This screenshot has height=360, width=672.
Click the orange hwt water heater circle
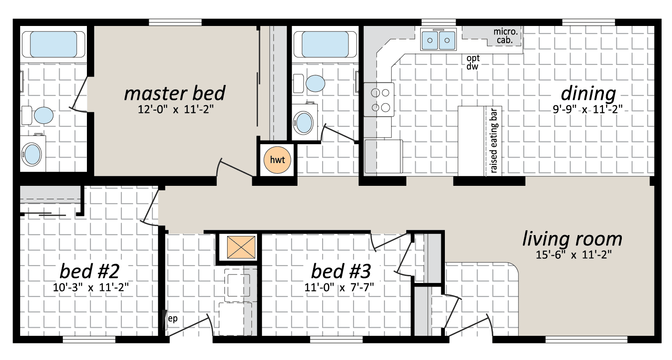(x=277, y=160)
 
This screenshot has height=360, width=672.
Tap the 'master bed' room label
(x=175, y=93)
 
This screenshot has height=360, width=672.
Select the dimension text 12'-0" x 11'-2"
(x=176, y=109)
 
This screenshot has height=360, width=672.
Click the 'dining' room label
(x=588, y=94)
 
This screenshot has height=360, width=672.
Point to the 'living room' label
(x=573, y=239)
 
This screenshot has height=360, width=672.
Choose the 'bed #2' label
(x=90, y=271)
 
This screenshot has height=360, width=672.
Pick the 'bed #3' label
(x=341, y=271)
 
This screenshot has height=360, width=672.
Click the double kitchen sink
(x=438, y=39)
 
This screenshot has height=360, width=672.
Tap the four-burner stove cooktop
(x=379, y=99)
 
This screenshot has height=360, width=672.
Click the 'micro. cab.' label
(x=505, y=36)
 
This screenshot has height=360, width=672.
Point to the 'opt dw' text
(x=473, y=62)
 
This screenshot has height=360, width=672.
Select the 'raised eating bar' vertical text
(x=494, y=141)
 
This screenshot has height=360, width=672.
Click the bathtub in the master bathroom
(x=53, y=44)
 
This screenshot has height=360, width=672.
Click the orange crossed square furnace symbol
(x=241, y=247)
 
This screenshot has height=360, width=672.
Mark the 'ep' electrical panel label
(x=173, y=319)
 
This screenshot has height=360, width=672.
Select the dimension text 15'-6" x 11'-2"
(x=573, y=255)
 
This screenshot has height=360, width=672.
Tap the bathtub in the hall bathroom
(x=325, y=44)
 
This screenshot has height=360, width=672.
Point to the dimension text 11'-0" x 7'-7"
(x=339, y=287)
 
